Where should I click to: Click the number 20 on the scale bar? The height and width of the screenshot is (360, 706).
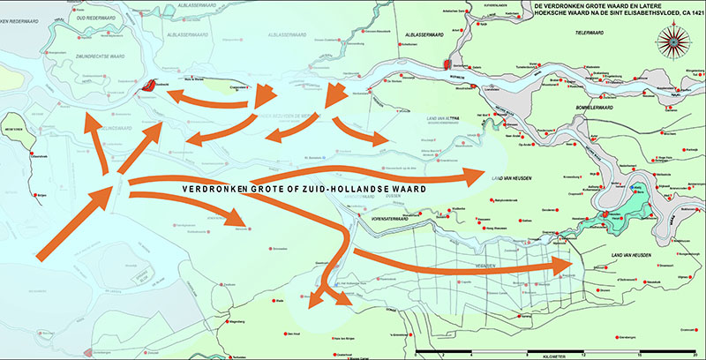[x=697, y=353]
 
